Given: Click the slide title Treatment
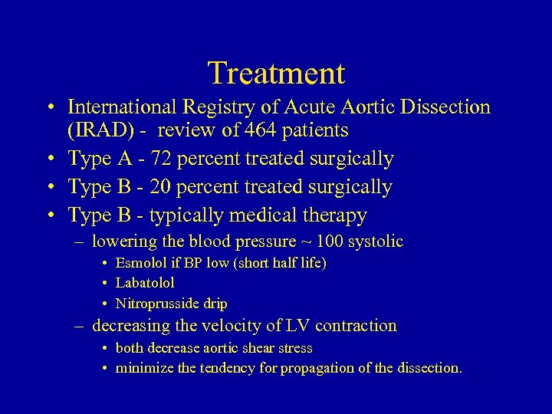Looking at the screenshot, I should pos(276,74).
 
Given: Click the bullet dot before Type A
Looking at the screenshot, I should pos(51,159).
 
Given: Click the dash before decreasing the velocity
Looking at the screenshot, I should pos(80,327).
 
